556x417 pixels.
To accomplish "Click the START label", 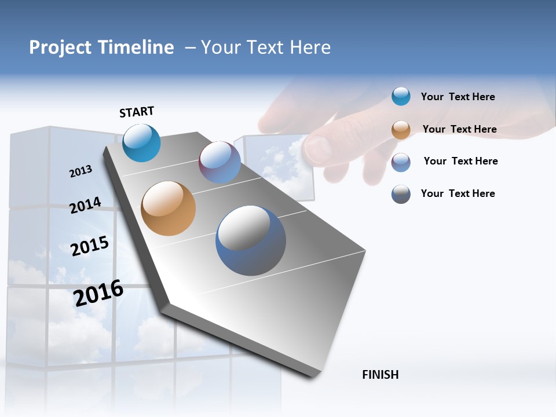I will pos(137,112).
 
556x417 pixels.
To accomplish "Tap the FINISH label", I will pos(380,375).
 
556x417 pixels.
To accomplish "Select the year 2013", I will pos(81,171).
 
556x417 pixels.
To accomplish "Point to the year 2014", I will pos(85,206).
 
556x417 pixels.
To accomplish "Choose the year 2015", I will pos(90,246).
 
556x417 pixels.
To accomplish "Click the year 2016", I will pos(98,293).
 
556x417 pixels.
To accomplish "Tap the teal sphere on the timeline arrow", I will pos(141,143).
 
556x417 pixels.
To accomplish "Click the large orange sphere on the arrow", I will pos(168,209).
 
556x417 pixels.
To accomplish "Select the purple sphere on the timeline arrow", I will pos(220,162).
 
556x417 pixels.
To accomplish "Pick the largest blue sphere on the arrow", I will pos(251,240).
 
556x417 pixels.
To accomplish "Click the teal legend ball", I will pos(401,96).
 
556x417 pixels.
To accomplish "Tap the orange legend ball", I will pos(401,130).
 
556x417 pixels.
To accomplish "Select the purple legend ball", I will pos(401,162).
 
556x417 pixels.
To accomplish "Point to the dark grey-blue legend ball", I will pos(401,194).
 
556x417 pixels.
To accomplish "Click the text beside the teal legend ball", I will pos(458,97).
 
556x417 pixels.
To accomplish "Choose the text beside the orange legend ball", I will pos(459,129).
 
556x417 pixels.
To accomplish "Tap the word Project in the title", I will pos(61,47).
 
